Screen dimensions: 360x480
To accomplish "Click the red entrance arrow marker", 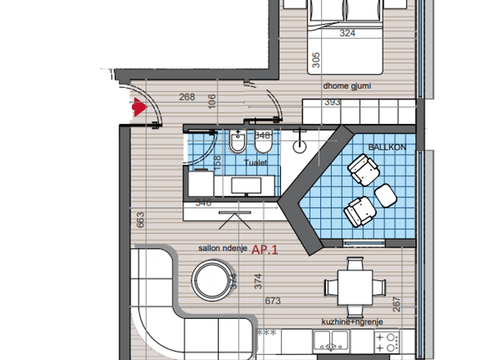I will (139, 107).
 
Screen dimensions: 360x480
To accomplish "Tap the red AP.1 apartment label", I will (265, 250).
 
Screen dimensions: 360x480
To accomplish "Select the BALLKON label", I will (387, 147).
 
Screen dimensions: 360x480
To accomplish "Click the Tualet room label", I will (255, 163).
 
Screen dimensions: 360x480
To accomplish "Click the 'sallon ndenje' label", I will (223, 249).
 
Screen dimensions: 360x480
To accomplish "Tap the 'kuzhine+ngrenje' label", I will (352, 322).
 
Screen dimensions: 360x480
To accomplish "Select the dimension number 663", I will (140, 220).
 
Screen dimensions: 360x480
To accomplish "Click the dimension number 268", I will (187, 97).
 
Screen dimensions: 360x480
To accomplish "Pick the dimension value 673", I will (273, 300).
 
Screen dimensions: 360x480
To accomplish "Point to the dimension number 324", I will (347, 33).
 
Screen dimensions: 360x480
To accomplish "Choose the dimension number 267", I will (396, 305).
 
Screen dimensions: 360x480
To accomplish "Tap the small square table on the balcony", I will (386, 195).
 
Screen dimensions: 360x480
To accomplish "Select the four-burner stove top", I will (386, 342).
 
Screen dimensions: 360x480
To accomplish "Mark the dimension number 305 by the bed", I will (316, 60).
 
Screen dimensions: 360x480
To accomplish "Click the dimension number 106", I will (212, 101).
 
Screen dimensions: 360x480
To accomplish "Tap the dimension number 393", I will (332, 102).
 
